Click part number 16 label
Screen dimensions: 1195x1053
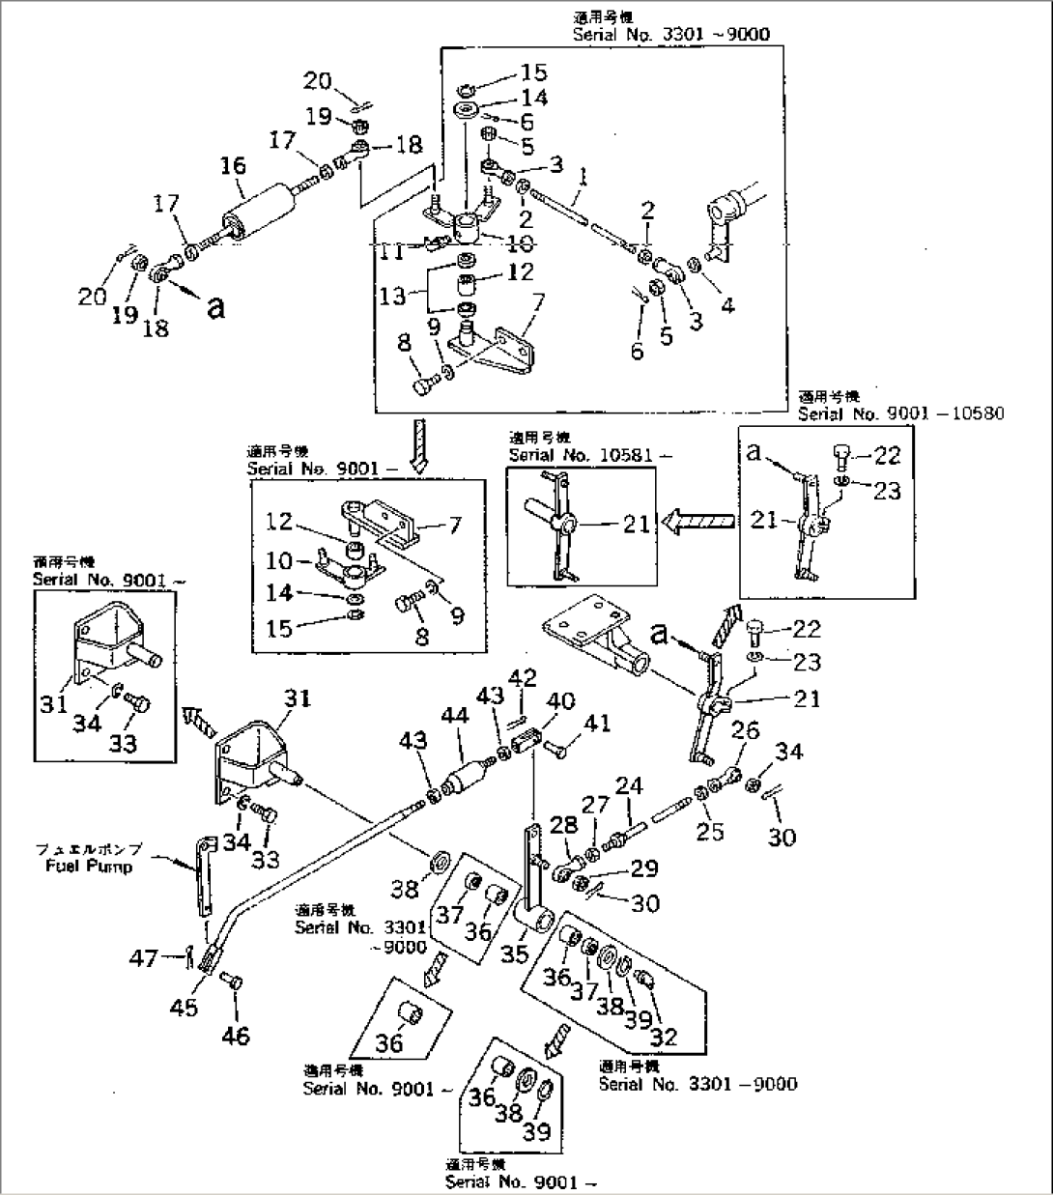pos(233,166)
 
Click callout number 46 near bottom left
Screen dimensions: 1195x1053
pos(236,1036)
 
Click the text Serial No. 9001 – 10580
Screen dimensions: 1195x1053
pos(900,413)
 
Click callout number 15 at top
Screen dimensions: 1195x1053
pos(533,72)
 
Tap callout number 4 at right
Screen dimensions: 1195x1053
pos(727,306)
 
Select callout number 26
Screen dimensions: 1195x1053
pos(747,731)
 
